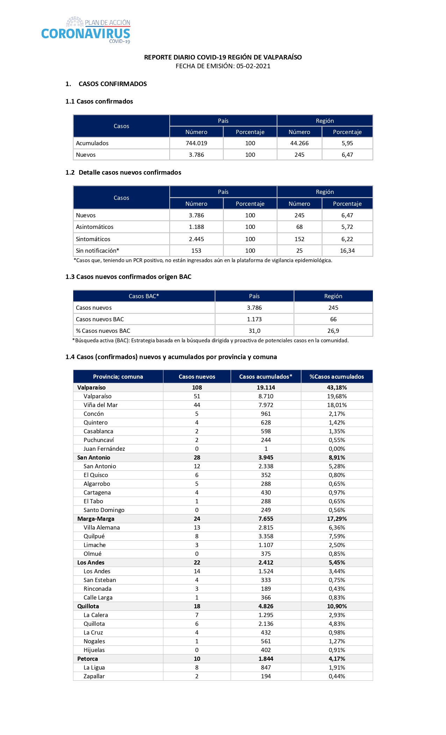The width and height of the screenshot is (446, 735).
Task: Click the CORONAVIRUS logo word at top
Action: pos(86,34)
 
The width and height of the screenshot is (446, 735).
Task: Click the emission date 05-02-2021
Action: pos(253,66)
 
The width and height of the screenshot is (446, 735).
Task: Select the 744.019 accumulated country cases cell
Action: pos(196,143)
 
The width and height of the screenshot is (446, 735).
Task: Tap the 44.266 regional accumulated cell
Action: pos(299,143)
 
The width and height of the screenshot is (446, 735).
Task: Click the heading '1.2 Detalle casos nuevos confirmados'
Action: pos(123,173)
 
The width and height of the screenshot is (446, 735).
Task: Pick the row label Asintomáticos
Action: pos(95,227)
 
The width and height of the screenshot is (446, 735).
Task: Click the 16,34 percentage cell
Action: pos(347,251)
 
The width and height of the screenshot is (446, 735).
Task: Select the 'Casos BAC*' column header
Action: pos(144,296)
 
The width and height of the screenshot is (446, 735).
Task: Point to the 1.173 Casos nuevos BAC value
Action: pos(254,319)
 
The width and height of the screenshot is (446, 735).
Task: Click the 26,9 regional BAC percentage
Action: pos(333,331)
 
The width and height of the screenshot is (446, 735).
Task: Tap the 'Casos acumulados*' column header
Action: pos(266,377)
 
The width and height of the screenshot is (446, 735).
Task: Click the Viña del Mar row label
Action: pos(100,405)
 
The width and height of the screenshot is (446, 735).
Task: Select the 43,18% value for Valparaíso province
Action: pos(337,387)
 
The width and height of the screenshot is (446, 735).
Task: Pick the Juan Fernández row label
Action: pos(104,449)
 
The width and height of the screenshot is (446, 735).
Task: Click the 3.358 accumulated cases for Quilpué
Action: pos(266,536)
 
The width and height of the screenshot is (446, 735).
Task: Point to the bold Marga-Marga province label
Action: pos(96,519)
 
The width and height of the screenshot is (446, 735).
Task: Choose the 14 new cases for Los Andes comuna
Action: pos(197,571)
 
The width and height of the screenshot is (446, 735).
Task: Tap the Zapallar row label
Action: pos(94,676)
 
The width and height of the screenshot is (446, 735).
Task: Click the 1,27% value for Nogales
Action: pos(337,641)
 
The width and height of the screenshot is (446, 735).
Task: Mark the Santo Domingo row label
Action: pos(104,510)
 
